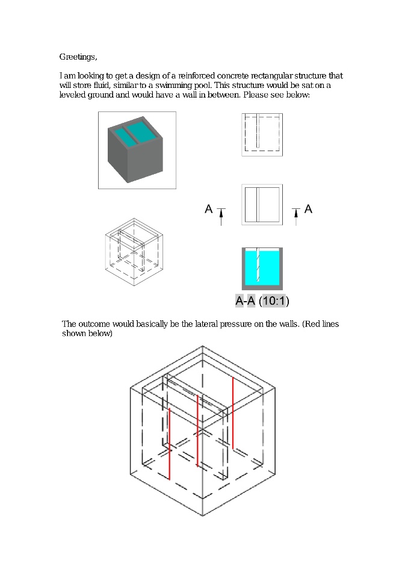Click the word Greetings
pos(78,57)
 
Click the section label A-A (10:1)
pos(262,301)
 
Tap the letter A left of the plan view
pos(209,209)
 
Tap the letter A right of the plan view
pos(309,209)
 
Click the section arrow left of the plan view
pos(221,217)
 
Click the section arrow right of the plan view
pos(295,217)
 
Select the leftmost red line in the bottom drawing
pos(169,444)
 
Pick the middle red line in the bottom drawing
pos(198,430)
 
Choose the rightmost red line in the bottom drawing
pos(233,413)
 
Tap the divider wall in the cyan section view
pos(258,264)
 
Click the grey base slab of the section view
pos(262,287)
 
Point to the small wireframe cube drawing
pos(134,252)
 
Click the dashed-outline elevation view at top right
pos(262,134)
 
